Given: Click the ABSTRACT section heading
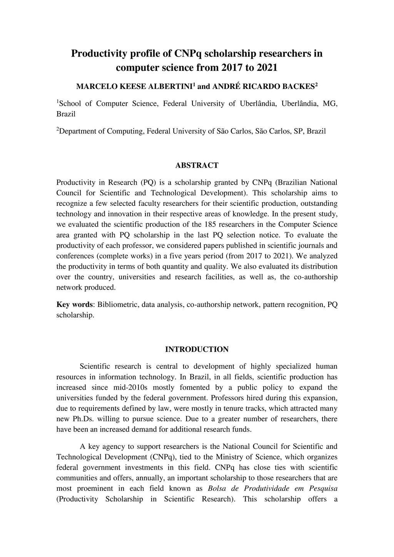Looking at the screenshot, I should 197,165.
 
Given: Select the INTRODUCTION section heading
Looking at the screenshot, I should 197,349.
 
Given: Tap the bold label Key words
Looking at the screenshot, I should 75,305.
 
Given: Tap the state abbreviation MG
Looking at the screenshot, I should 330,103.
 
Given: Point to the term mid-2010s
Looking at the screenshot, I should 133,388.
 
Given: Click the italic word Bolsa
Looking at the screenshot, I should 217,489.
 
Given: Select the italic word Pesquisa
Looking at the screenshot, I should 323,489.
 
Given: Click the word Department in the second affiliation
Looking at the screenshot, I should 77,131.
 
